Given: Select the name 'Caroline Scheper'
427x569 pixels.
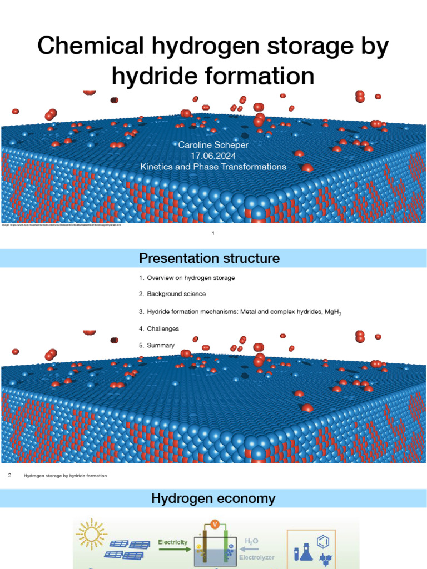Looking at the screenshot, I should pos(213,145).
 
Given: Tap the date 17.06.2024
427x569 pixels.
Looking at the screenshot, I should pos(213,156).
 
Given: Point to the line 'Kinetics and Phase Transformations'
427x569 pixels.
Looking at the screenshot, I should pos(213,167).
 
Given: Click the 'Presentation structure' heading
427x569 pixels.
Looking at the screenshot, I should pos(209,258).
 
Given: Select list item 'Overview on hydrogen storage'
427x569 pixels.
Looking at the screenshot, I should pos(191,278).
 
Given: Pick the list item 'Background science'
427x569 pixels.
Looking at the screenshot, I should pos(176,294).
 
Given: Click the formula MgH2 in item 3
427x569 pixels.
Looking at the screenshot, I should pos(332,312).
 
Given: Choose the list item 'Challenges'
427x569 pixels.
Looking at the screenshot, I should pos(163,329).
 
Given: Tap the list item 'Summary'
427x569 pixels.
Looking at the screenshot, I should pos(161,346).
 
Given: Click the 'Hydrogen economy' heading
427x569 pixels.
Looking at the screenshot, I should pos(213,499).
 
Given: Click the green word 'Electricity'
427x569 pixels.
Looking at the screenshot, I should pos(173,542).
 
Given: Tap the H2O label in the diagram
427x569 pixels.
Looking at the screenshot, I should pos(252,541).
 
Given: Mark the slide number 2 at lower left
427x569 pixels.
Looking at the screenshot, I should pos(9,476).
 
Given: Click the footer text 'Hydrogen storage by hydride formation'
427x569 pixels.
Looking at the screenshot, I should pos(65,476).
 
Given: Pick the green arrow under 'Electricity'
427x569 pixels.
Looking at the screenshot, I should pos(173,550).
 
